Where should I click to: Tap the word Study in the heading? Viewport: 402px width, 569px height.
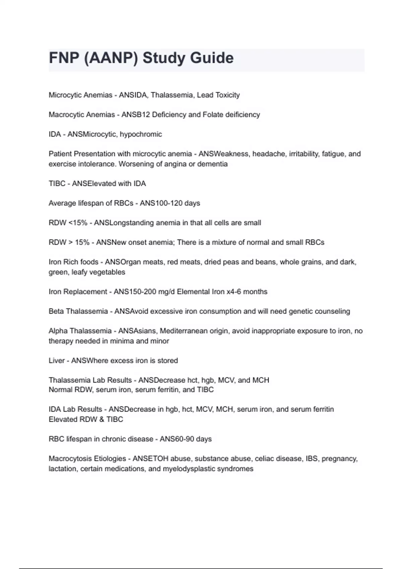(x=164, y=58)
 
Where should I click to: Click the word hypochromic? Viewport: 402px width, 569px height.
(x=141, y=135)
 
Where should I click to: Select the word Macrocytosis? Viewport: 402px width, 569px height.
(x=68, y=459)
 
